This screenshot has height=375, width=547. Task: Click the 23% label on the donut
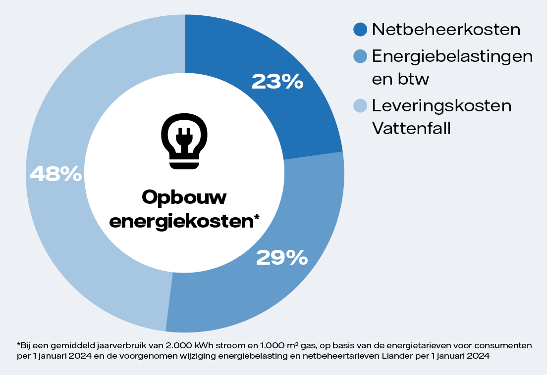(277, 82)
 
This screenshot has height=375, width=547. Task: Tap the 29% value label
(281, 257)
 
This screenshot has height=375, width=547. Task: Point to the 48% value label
(55, 174)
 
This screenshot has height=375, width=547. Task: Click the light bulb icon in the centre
(184, 141)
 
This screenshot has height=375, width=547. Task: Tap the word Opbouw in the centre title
(184, 197)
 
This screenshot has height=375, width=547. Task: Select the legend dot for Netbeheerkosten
(360, 29)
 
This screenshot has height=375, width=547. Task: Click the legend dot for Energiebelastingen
(360, 56)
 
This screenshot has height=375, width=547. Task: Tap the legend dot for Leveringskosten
(360, 105)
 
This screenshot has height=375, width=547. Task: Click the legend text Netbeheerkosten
(446, 29)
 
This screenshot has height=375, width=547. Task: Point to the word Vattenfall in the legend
(411, 129)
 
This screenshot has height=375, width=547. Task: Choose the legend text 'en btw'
(400, 79)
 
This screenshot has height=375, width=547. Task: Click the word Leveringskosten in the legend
(441, 105)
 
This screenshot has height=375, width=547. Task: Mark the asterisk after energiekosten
(257, 218)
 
